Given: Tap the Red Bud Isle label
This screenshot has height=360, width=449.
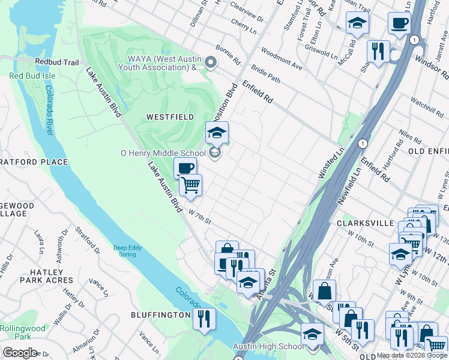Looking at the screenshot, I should pos(32,76).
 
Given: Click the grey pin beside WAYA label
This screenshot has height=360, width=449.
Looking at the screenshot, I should pos(211,62).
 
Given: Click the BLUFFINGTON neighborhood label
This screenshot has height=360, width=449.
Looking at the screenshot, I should pos(161,315).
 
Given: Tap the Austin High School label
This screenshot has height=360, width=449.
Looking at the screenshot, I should pos(268,347).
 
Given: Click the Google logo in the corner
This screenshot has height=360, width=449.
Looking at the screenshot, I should pos(19,352).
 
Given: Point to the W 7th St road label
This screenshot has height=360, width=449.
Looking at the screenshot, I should pos(200,216).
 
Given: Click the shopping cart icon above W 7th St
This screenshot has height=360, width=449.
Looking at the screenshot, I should pos(191,184).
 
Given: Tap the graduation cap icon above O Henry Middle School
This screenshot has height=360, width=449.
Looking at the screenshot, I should pos(217,133).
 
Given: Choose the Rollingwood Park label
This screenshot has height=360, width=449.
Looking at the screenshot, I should pos(22,332).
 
